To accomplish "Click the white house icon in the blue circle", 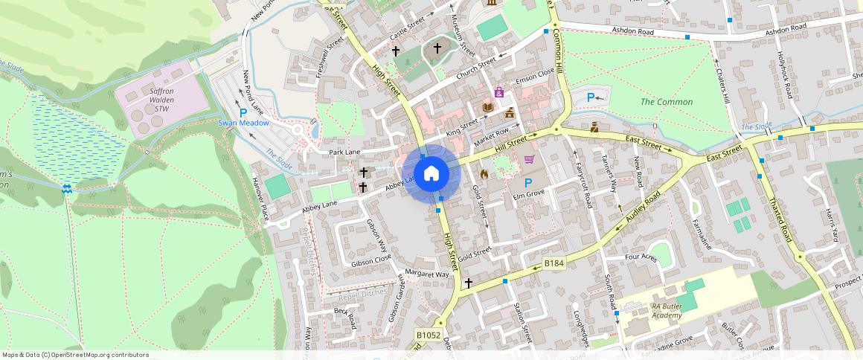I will tap(431, 174).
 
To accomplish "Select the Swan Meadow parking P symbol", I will tap(243, 112).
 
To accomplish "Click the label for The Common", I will tap(657, 101).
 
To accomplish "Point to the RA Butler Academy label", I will tap(657, 310).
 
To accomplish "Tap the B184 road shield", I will tap(554, 263).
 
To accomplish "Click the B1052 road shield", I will tap(428, 335).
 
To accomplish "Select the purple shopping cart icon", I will tap(529, 158).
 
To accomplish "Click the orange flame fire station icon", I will tap(484, 174).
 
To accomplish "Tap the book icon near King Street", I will tap(487, 109).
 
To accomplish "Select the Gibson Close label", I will tap(371, 263).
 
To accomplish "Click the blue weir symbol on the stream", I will tap(68, 190).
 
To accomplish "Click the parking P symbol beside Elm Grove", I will tap(529, 183).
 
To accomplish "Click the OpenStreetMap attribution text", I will tap(75, 355).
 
